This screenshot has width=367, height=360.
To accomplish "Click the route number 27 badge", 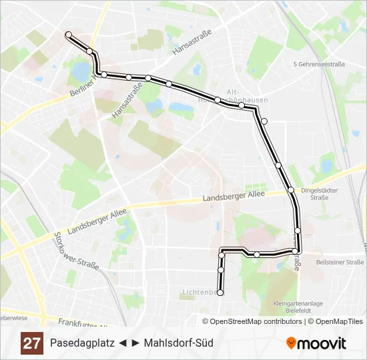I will coord(31,343).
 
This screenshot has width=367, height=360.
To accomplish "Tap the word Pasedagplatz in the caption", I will coord(81,343).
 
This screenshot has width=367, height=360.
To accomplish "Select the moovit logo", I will coord(316,343).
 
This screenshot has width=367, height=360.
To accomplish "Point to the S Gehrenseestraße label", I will coord(319,64).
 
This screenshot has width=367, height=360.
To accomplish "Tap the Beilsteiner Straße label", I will coord(340,262).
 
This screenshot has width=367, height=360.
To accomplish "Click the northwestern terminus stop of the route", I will coord(68,34).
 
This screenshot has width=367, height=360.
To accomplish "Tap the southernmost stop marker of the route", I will coord(220,292).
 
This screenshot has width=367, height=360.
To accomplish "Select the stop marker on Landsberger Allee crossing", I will coord(291,190).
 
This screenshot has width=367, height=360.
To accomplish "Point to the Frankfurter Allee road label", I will coord(83,323).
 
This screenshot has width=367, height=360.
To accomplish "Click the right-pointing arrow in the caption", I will coord(135,343).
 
